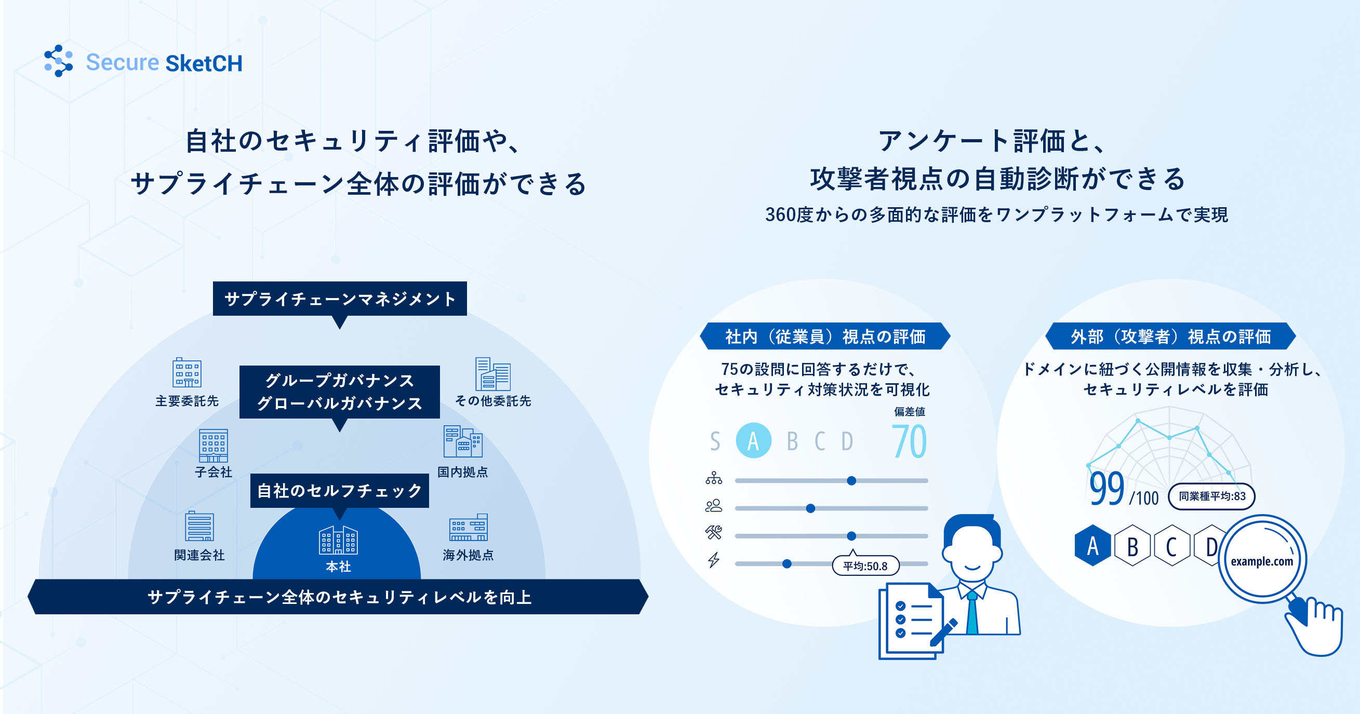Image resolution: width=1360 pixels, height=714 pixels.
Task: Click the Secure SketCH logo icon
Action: point(59,61)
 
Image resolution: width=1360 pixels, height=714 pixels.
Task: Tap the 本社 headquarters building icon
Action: point(338,540)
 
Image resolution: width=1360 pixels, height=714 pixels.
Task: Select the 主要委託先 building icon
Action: point(187,372)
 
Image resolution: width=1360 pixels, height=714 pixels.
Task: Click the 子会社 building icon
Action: point(214,446)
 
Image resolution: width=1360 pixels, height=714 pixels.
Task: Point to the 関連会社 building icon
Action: point(199,526)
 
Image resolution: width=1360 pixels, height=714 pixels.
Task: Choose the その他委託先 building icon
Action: point(492,374)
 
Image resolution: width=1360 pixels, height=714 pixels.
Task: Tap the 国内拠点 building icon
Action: point(462,441)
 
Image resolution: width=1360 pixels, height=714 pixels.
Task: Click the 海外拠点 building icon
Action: point(468,527)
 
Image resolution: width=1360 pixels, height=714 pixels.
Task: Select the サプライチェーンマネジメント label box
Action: point(340,299)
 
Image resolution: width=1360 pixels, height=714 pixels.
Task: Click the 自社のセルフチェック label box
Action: point(339,491)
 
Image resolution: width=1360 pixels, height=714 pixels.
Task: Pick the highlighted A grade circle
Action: point(753,441)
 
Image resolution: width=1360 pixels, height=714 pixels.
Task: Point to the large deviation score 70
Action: point(909,441)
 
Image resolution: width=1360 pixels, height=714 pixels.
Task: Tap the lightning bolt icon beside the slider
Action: point(714,560)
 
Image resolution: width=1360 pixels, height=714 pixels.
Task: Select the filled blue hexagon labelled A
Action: point(1093,546)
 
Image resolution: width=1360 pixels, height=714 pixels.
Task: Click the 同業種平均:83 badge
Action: point(1211,496)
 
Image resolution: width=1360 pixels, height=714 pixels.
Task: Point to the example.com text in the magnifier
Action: point(1262,561)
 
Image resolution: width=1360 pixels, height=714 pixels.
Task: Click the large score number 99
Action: point(1106,489)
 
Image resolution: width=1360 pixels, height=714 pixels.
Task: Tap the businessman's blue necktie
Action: point(972,613)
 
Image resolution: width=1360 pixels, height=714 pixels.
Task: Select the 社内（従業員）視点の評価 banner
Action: point(825,336)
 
